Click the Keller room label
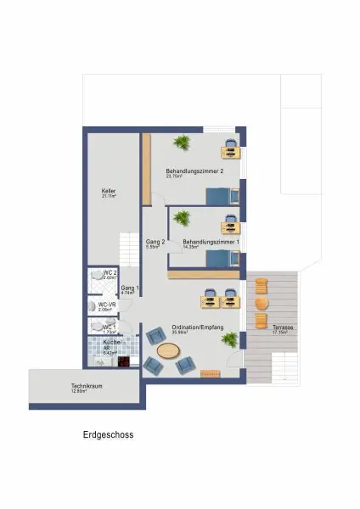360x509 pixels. [x=109, y=193]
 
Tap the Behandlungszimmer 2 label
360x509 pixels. [x=194, y=171]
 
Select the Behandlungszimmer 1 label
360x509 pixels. [x=211, y=243]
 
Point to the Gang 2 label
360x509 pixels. [x=155, y=243]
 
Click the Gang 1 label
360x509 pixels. [x=129, y=289]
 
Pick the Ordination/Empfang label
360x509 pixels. [x=197, y=327]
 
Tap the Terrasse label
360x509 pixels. [x=273, y=327]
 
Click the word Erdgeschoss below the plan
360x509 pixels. [x=108, y=434]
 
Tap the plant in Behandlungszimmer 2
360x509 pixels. [x=181, y=141]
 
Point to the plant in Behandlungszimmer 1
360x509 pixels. [x=181, y=219]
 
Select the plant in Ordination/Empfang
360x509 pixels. [x=228, y=339]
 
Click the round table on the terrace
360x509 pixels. [x=261, y=303]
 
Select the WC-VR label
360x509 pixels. [x=107, y=305]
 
